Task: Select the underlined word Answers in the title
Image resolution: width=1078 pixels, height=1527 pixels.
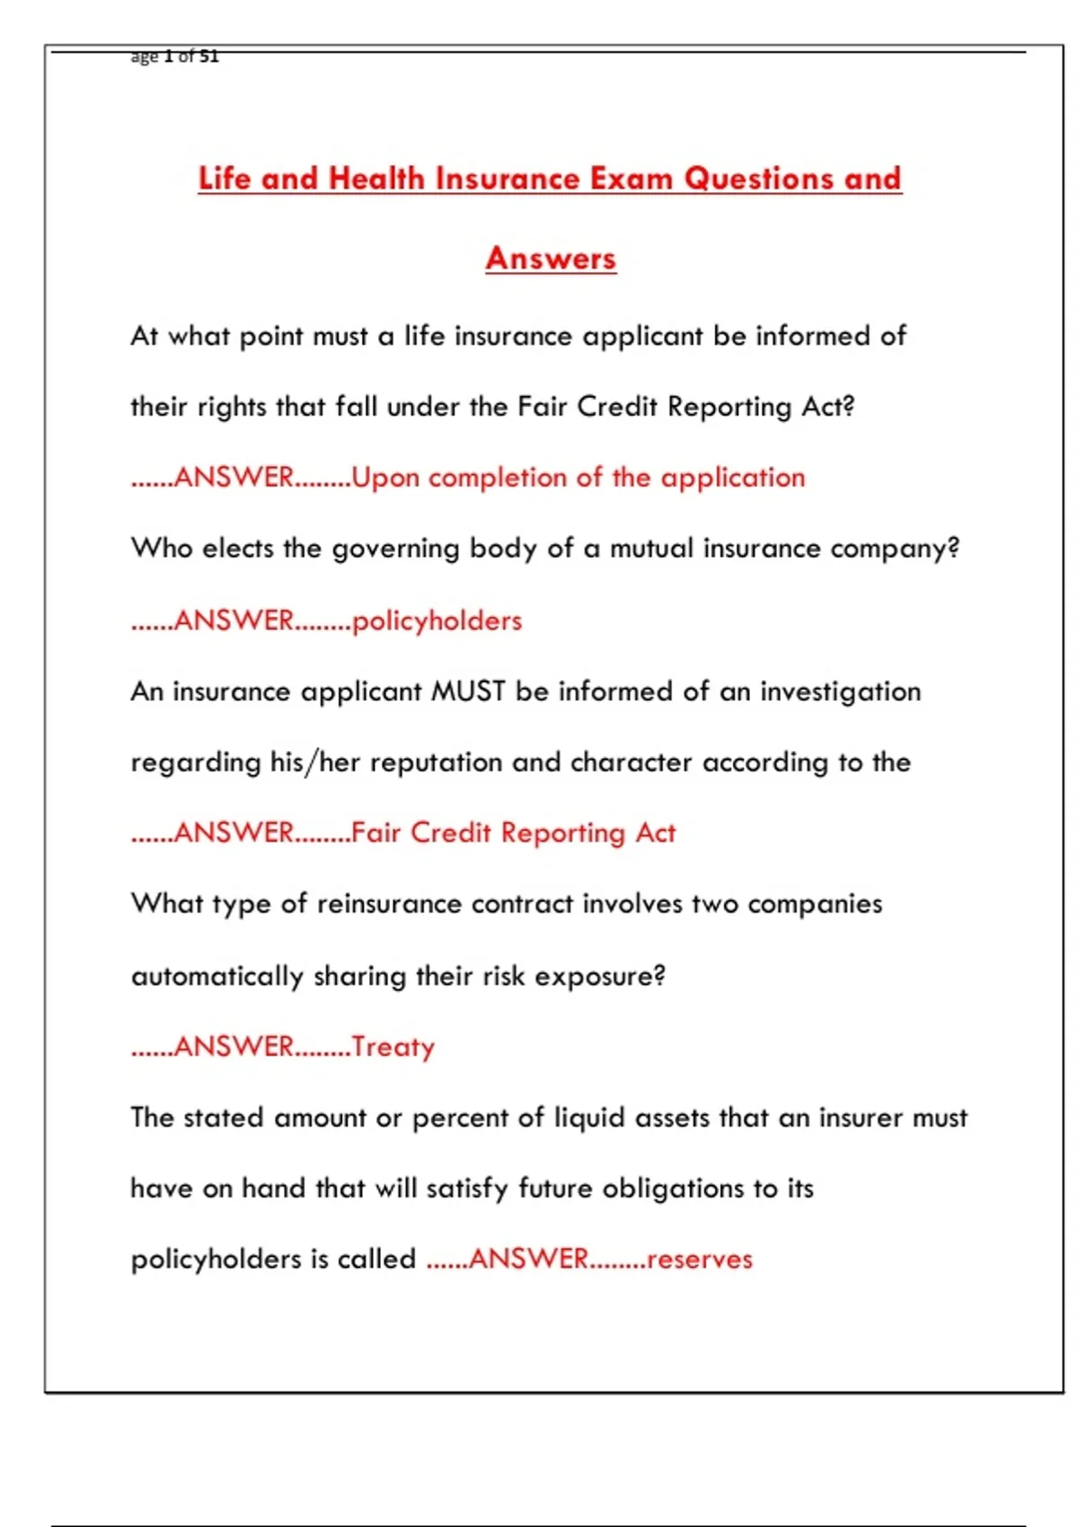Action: [x=551, y=258]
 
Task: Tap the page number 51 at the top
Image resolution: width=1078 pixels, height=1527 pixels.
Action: [x=208, y=56]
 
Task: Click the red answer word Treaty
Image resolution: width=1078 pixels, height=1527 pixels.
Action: [x=393, y=1046]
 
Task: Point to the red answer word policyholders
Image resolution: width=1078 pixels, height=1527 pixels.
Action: [x=437, y=621]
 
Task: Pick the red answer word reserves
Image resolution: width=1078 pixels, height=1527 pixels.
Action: [x=699, y=1259]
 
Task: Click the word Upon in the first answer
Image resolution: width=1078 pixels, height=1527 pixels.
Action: [x=385, y=478]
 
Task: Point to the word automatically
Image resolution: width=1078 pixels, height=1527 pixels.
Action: [x=217, y=976]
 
